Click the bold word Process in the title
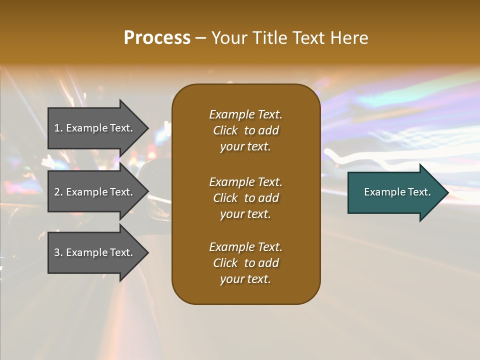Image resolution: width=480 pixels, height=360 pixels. point(157,38)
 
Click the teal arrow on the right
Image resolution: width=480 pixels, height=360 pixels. point(395,192)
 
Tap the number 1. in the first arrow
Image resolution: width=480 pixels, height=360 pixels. point(58,128)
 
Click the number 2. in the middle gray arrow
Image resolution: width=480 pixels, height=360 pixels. point(58,192)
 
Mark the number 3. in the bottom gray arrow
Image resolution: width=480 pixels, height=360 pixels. point(58,252)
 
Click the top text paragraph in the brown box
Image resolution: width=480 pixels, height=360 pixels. point(245,130)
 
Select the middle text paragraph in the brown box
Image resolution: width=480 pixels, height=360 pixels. point(245,198)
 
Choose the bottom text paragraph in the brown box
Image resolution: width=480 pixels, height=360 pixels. point(245,263)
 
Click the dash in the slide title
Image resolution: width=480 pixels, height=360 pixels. point(200,38)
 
